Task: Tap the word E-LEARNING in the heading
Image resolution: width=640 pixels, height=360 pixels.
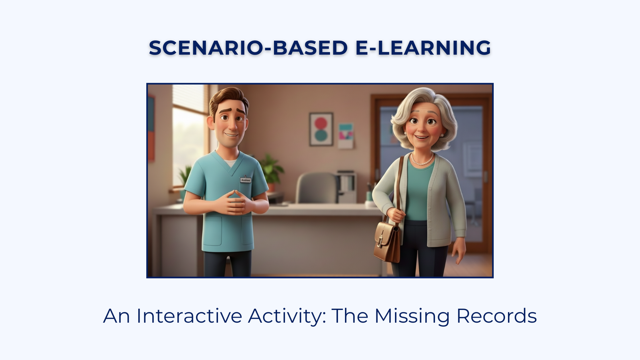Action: (x=423, y=48)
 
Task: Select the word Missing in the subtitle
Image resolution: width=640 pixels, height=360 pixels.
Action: (x=412, y=316)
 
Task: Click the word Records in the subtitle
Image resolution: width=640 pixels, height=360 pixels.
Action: (x=496, y=316)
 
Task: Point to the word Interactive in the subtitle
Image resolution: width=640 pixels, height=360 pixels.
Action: (x=189, y=316)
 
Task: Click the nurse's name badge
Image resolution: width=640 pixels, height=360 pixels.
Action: (x=246, y=180)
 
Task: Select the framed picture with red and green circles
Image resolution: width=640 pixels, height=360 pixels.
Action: (x=321, y=129)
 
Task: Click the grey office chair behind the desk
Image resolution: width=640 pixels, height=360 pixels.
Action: (x=317, y=188)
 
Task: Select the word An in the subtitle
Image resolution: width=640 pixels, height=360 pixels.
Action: (x=116, y=316)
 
